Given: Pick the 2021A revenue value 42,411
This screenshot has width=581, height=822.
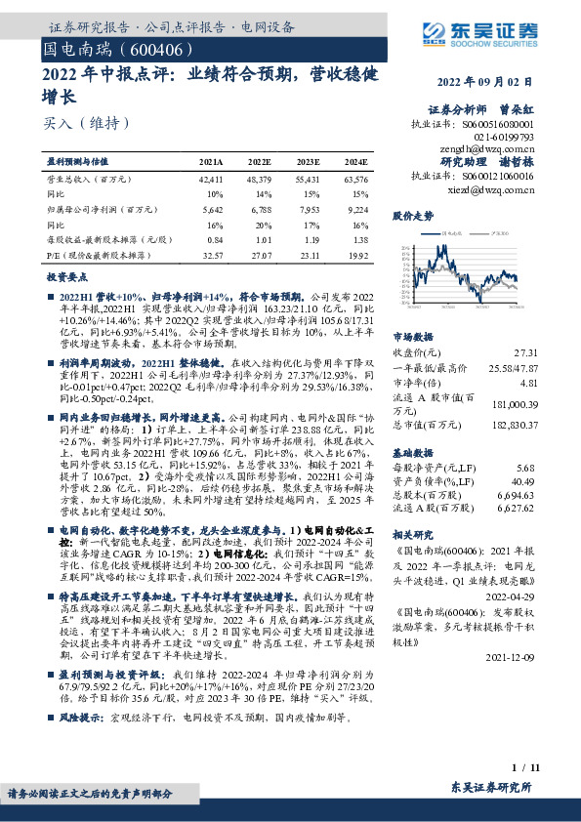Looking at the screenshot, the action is coord(210,181).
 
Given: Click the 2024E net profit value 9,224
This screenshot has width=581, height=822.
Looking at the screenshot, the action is coord(357,209).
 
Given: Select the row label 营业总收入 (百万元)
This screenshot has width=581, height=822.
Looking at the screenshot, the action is coord(90,181).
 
